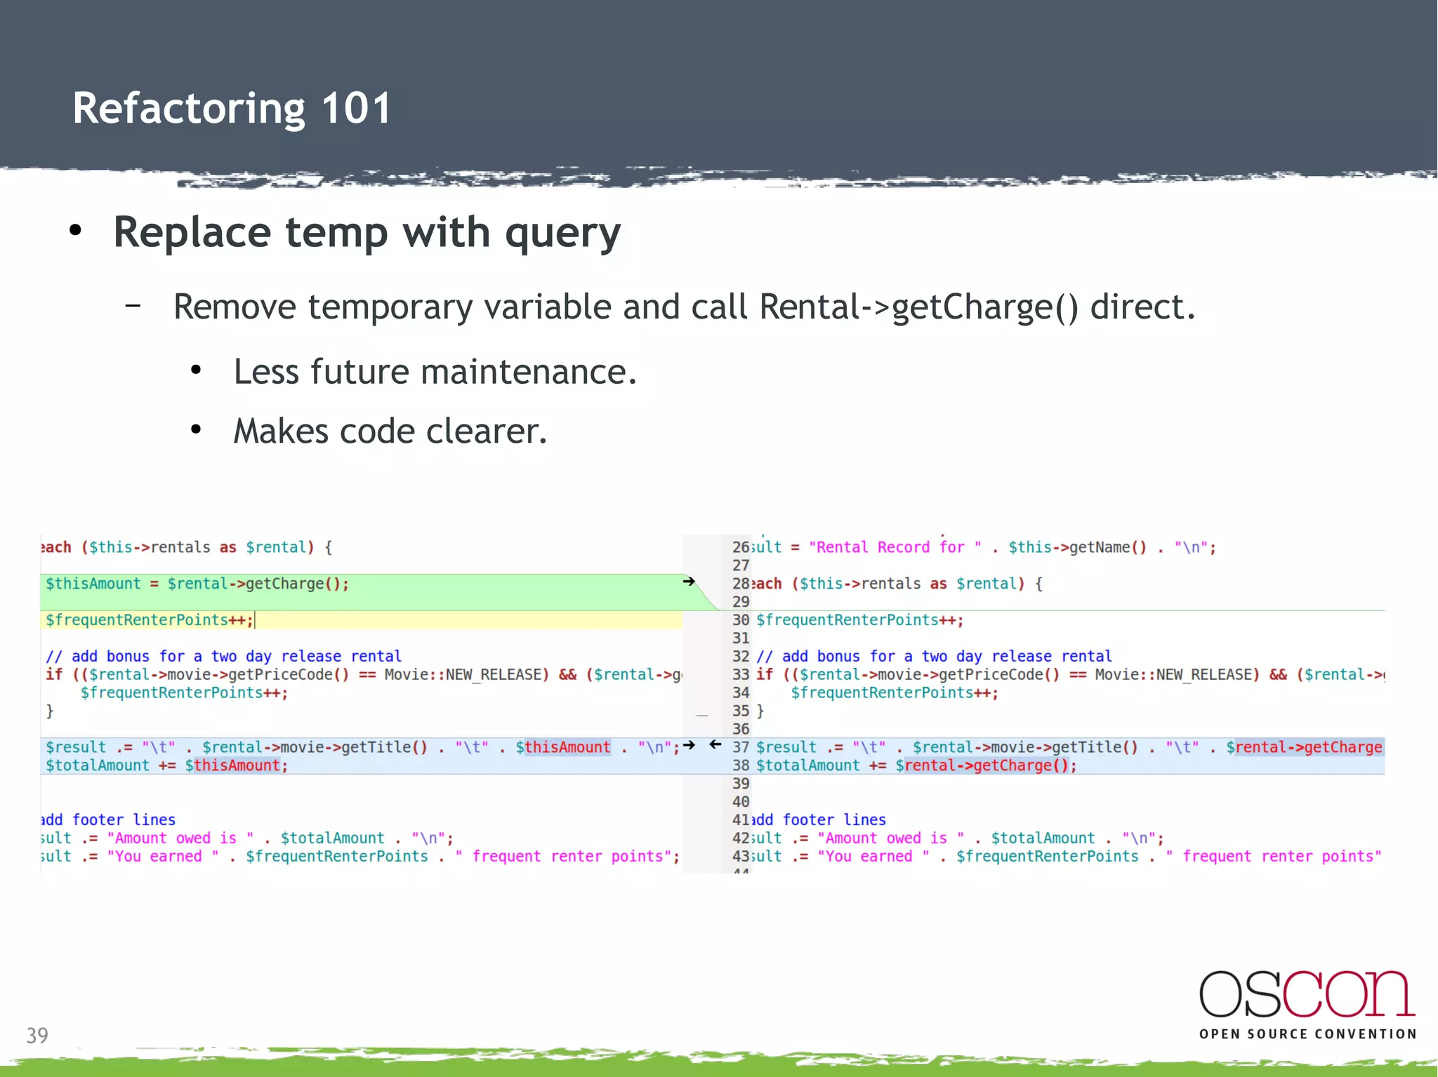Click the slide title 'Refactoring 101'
(x=232, y=109)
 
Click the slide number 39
(x=37, y=1036)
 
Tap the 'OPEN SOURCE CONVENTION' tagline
(x=1307, y=1034)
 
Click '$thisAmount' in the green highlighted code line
(x=93, y=584)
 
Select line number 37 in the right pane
(x=740, y=747)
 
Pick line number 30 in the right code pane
(x=740, y=620)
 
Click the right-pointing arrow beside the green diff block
(x=689, y=582)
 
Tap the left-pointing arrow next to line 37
(x=715, y=744)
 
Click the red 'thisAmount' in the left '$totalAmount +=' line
(x=237, y=765)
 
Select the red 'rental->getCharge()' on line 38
(x=986, y=765)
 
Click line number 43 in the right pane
(x=740, y=857)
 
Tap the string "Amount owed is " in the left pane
(x=180, y=838)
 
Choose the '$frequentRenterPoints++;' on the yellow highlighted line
(x=149, y=620)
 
